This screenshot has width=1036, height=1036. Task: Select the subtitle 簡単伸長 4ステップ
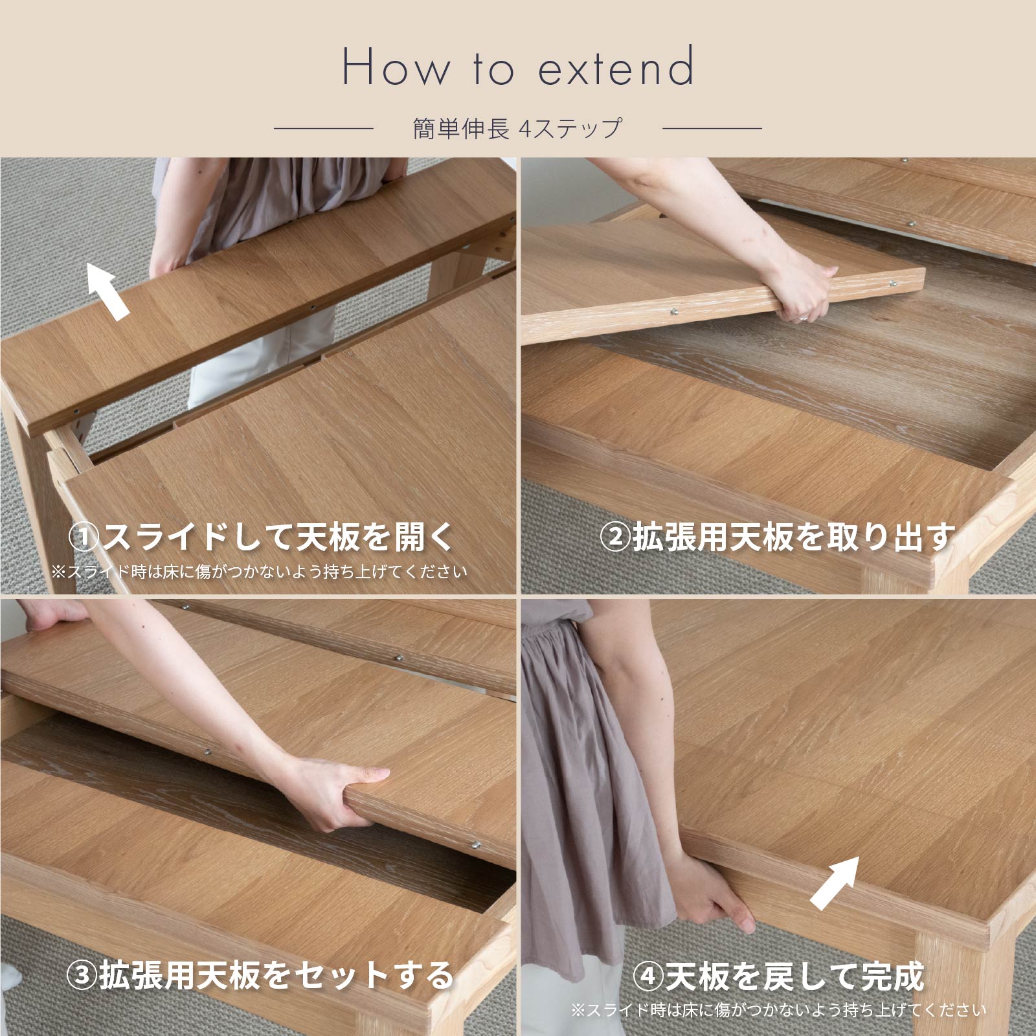(x=517, y=128)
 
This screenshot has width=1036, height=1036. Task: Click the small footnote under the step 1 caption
(x=260, y=572)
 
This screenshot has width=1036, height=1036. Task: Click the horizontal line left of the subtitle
(x=324, y=129)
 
